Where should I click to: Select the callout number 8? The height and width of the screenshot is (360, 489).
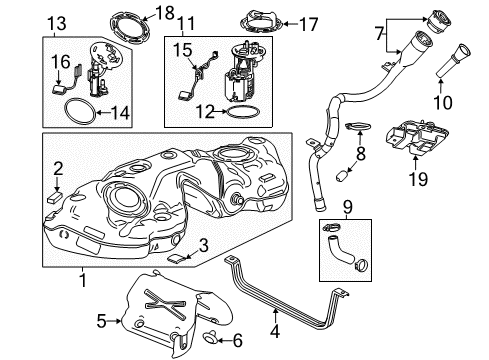click(x=361, y=155)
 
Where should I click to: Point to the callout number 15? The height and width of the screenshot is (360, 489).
click(x=181, y=48)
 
